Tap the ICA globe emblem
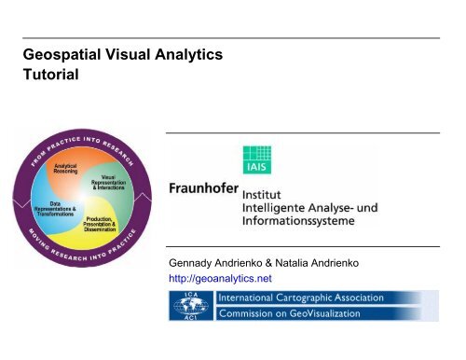[x=189, y=305]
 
